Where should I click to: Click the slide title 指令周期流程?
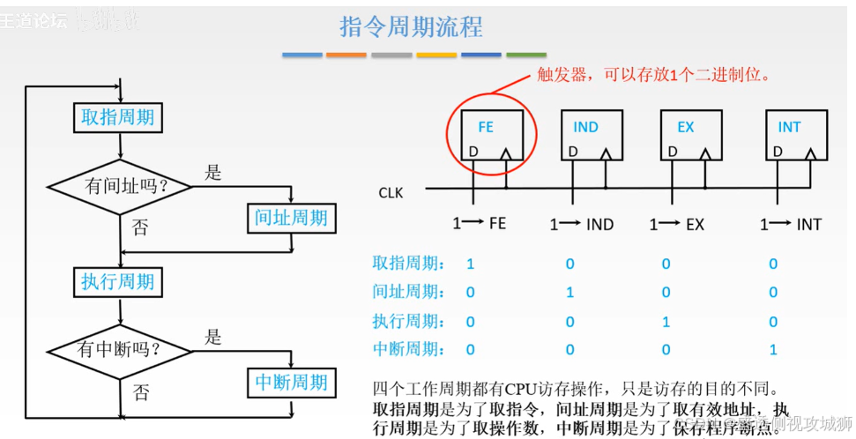pyautogui.click(x=411, y=26)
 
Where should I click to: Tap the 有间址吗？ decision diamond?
pyautogui.click(x=120, y=187)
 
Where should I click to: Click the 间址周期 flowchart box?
pyautogui.click(x=290, y=218)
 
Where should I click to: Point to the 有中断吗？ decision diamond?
pyautogui.click(x=119, y=350)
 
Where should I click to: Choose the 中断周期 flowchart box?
pyautogui.click(x=290, y=383)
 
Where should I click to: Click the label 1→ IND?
pyautogui.click(x=581, y=225)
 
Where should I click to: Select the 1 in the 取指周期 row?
pyautogui.click(x=471, y=264)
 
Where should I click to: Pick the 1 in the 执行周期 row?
pyautogui.click(x=666, y=322)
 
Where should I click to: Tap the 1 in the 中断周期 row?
pyautogui.click(x=773, y=350)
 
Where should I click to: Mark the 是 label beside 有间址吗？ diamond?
pyautogui.click(x=212, y=173)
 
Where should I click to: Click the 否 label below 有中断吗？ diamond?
pyautogui.click(x=140, y=392)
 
